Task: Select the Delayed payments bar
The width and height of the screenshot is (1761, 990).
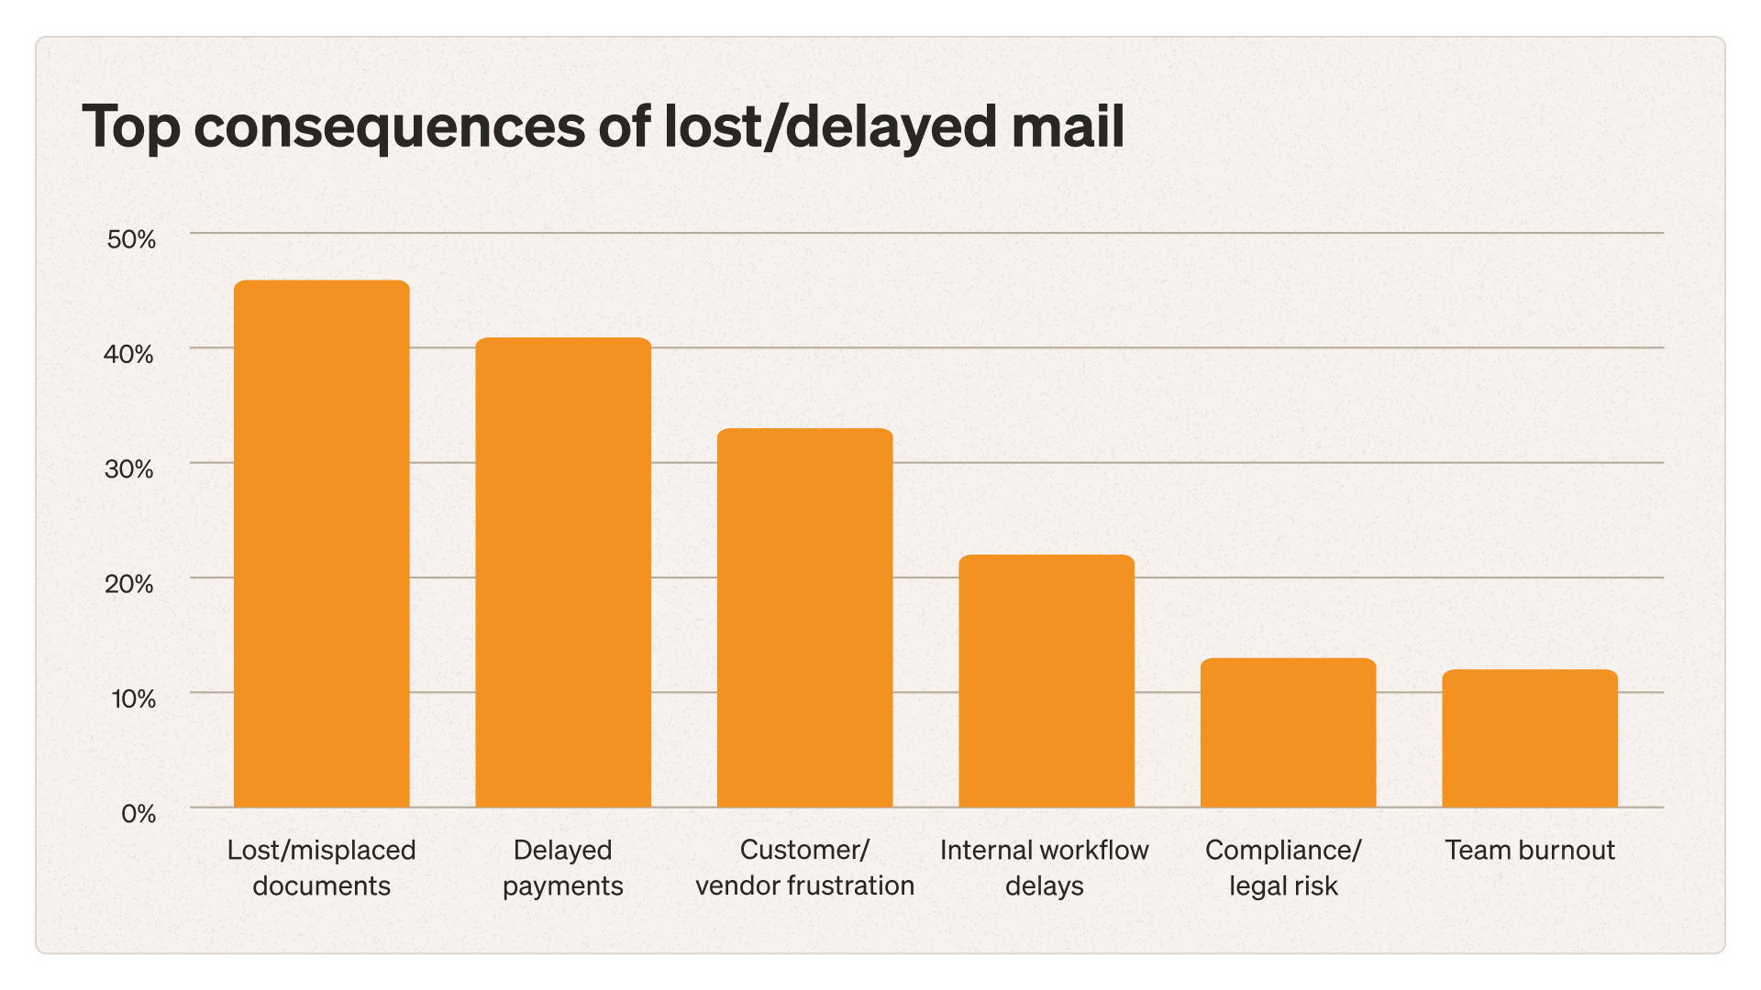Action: click(x=563, y=573)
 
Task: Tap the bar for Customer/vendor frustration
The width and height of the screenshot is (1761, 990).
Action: click(x=804, y=618)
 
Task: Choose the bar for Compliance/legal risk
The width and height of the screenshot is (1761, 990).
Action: click(x=1288, y=732)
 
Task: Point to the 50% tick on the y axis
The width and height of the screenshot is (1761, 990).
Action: click(x=131, y=239)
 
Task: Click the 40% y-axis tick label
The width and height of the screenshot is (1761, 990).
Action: click(x=129, y=354)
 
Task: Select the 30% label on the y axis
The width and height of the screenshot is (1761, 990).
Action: click(x=129, y=469)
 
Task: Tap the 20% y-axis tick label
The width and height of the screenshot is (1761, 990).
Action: click(x=129, y=584)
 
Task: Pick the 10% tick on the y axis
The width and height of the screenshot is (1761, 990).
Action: click(x=132, y=698)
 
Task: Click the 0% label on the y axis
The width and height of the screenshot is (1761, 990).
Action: click(x=138, y=813)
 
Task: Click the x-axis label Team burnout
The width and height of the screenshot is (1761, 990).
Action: click(x=1530, y=850)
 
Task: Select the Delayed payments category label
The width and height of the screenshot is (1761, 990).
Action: click(x=563, y=867)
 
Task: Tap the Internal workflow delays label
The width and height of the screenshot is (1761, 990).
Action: click(x=1045, y=867)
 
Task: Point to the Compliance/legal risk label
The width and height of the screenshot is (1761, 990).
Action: click(x=1283, y=867)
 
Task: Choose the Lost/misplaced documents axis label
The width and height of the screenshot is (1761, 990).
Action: click(x=321, y=867)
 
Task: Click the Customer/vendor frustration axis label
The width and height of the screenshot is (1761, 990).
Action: click(x=804, y=867)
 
